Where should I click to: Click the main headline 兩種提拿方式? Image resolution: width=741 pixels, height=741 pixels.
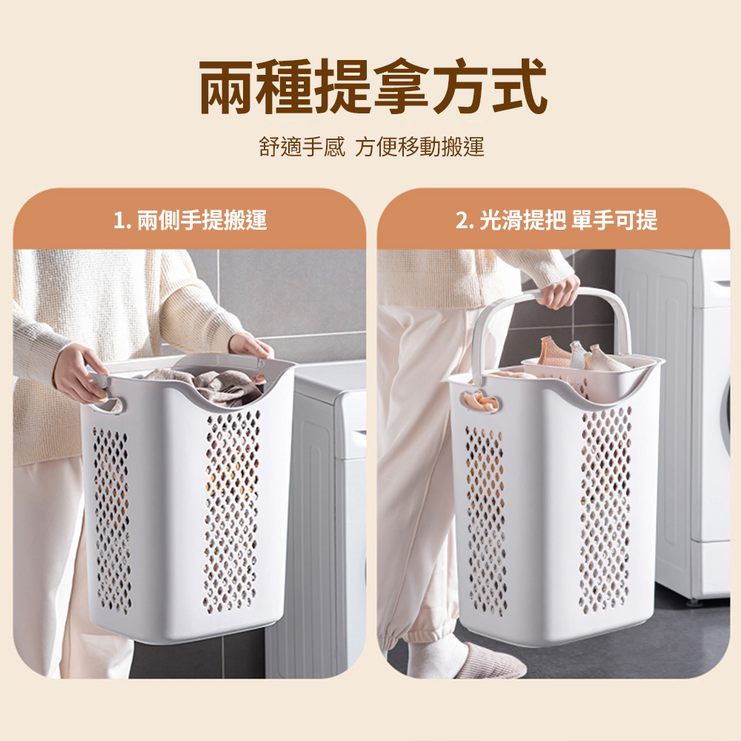tap(373, 87)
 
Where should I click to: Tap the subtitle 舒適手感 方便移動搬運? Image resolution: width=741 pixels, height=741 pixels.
tap(371, 147)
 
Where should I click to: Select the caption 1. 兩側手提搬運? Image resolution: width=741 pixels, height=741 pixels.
tap(190, 220)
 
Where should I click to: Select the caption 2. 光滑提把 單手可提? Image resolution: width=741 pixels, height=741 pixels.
tap(556, 220)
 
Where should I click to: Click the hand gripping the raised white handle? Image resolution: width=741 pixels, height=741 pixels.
tap(558, 291)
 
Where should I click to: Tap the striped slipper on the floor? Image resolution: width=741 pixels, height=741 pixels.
tap(491, 661)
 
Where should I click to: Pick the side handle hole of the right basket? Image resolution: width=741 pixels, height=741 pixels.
tap(480, 402)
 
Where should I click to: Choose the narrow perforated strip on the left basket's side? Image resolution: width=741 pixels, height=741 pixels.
tap(112, 520)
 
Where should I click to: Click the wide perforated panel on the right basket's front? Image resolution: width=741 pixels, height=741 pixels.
tap(605, 510)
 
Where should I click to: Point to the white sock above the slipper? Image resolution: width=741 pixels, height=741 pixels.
tap(433, 656)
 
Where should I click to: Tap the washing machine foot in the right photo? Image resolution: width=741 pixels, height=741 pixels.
tap(696, 602)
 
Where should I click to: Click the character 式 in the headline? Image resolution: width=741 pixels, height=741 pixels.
tap(519, 87)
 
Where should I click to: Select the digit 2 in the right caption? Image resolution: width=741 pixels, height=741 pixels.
tap(461, 221)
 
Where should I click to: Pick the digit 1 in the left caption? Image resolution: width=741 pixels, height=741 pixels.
tap(118, 221)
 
